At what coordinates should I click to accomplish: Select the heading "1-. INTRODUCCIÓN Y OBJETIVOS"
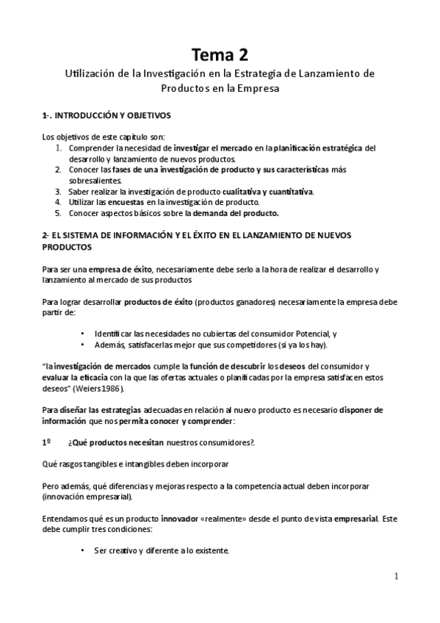(x=107, y=115)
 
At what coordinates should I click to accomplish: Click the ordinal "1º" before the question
(x=46, y=442)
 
